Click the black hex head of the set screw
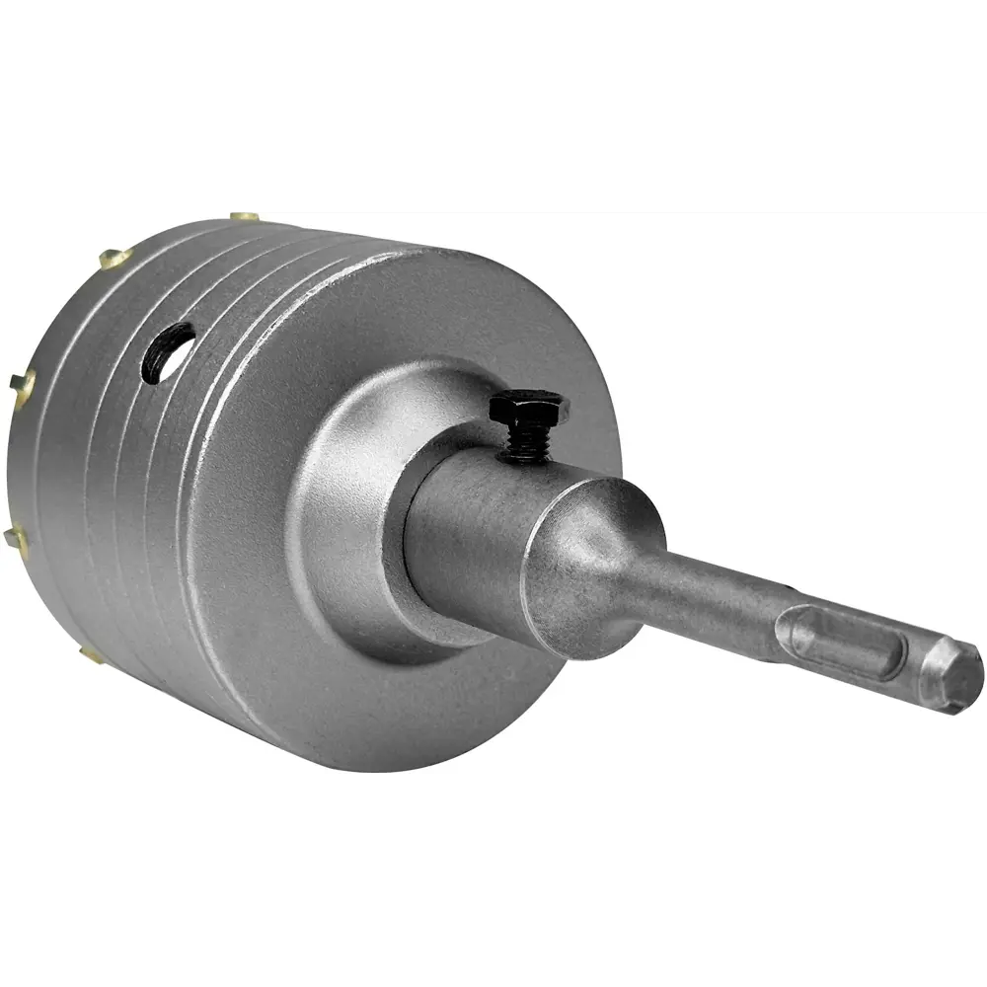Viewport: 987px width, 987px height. point(528,407)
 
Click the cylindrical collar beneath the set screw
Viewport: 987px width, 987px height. point(474,523)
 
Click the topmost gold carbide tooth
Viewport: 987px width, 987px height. point(245,216)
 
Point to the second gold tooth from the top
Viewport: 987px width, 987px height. point(114,259)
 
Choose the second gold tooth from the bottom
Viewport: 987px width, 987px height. point(16,538)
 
